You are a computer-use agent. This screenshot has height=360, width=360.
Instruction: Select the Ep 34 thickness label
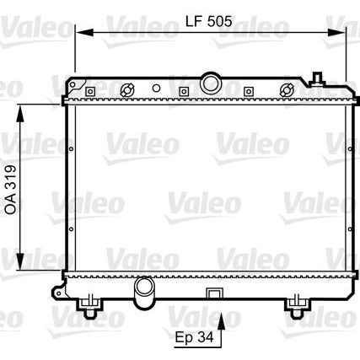point(196,338)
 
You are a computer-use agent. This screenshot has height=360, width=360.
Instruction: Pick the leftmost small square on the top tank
point(155,90)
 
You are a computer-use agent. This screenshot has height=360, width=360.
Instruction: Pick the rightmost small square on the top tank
point(249,90)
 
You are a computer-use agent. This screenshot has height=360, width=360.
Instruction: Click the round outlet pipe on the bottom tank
point(146,291)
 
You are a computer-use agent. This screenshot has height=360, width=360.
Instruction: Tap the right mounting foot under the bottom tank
point(294,305)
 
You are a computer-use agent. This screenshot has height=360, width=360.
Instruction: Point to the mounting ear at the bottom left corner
point(57,292)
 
